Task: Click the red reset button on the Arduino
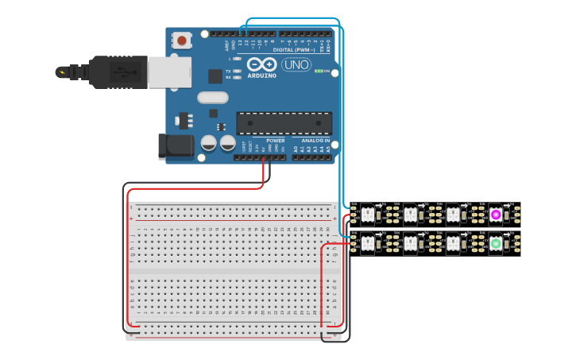(x=183, y=40)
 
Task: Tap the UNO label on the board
(x=296, y=64)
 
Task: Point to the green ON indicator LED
(x=318, y=71)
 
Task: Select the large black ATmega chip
(x=284, y=122)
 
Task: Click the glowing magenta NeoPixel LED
(x=496, y=214)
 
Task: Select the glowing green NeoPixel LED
(x=496, y=243)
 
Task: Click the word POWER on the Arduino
(x=276, y=141)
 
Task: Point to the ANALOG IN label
(x=315, y=141)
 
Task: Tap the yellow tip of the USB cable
(x=60, y=72)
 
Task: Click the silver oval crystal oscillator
(x=212, y=99)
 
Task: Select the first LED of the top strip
(x=368, y=214)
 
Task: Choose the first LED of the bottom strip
(x=368, y=243)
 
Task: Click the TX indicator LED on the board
(x=237, y=71)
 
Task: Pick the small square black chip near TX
(x=215, y=76)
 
